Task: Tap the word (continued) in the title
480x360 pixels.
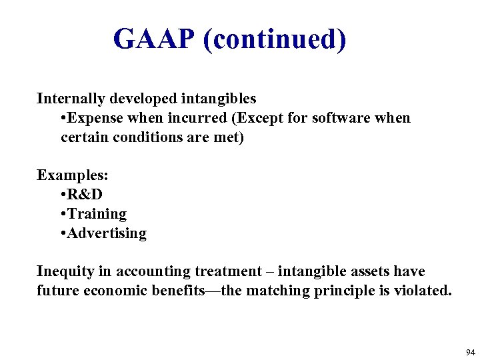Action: [x=274, y=39]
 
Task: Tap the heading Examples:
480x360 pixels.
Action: [x=73, y=175]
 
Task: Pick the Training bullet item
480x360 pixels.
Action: [x=97, y=214]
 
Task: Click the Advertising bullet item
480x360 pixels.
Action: [x=107, y=233]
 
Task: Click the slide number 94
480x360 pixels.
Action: [x=471, y=353]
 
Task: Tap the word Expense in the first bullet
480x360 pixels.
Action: [x=93, y=118]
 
